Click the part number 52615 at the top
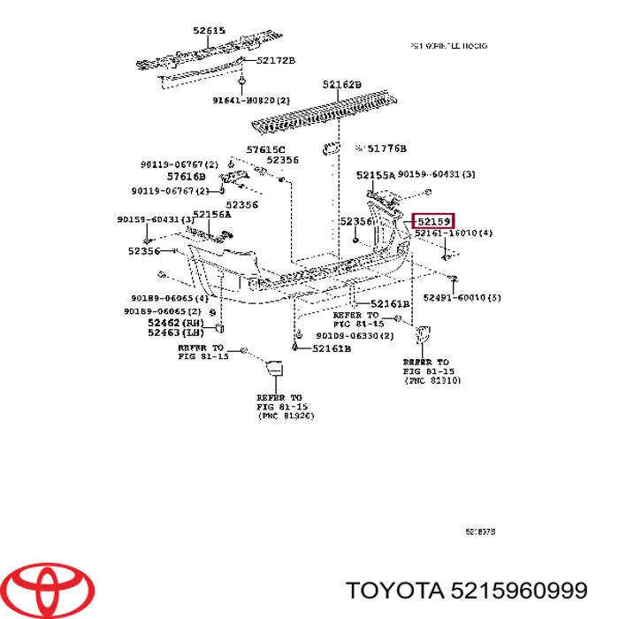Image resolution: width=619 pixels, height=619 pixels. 210,31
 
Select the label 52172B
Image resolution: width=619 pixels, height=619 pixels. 276,60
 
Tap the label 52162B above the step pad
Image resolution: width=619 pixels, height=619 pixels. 341,85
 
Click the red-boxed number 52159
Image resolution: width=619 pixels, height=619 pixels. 434,221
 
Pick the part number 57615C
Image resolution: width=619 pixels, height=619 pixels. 265,149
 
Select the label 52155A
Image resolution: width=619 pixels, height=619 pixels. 375,175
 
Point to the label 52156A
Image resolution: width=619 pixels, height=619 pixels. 211,214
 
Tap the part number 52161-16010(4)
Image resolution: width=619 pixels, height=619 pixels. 454,233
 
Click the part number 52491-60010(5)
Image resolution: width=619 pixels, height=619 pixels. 462,297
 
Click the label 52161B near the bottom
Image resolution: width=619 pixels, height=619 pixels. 331,348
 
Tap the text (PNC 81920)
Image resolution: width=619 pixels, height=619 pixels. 285,416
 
